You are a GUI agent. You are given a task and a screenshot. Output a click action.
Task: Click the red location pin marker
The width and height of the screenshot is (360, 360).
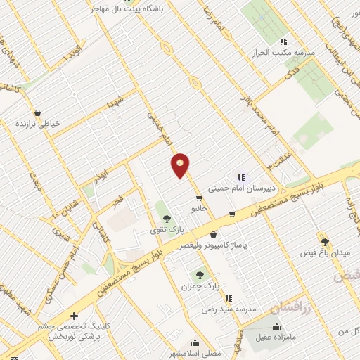181,165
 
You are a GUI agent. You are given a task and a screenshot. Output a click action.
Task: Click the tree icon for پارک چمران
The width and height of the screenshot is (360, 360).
200,275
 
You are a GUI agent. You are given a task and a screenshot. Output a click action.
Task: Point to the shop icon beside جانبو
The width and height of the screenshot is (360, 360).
200,198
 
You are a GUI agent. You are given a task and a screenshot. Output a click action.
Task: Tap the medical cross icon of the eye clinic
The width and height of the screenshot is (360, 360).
74,316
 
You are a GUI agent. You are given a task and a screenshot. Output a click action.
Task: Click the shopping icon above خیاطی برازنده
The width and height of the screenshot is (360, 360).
38,112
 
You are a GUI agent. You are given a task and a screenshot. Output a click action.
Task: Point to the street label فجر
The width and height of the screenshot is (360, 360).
118,202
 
